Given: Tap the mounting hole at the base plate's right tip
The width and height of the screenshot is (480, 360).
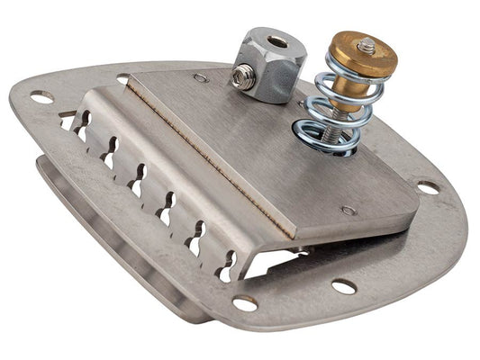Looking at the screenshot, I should point(428,188).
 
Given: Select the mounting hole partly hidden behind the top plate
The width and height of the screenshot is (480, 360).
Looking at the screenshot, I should point(123,79).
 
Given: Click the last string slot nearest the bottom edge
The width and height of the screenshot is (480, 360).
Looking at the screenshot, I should point(224,261).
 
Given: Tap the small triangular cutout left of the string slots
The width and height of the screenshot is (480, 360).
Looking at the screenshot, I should point(68,119).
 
